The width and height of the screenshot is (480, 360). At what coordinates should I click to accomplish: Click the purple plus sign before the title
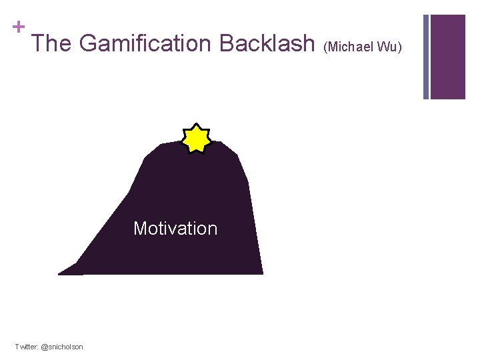[19, 27]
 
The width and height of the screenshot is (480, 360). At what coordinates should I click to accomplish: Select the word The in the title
[52, 44]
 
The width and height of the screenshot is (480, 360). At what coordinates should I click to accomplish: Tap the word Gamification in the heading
[145, 44]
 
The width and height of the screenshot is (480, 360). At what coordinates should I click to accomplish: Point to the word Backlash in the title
[266, 44]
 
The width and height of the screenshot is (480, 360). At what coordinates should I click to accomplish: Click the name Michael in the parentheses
[351, 47]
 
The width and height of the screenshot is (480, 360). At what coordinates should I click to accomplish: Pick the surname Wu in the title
[389, 47]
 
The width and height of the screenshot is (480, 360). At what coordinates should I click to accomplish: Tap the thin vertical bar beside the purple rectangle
[426, 57]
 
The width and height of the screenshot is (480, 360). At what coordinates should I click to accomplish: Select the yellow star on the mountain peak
[197, 138]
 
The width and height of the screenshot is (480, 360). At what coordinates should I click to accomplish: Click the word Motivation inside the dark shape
[175, 229]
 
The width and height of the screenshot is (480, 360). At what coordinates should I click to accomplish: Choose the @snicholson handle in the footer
[62, 347]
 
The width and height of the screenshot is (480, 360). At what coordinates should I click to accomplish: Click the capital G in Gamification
[87, 44]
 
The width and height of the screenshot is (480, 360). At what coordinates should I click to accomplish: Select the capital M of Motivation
[140, 229]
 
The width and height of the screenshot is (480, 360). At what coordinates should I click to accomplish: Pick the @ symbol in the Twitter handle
[44, 347]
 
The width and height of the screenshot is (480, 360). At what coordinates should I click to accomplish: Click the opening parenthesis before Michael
[326, 47]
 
